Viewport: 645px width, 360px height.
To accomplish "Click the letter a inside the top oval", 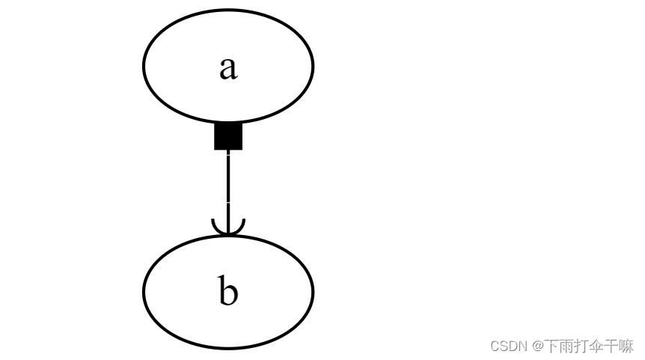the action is pyautogui.click(x=228, y=67).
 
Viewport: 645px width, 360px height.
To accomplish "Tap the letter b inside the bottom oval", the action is pyautogui.click(x=228, y=291).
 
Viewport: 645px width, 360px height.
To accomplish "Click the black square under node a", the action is pyautogui.click(x=228, y=136).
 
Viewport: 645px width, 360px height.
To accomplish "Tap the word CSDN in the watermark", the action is pyautogui.click(x=509, y=346).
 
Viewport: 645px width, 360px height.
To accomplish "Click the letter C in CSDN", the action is pyautogui.click(x=495, y=346).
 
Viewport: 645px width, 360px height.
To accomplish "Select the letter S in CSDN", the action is pyautogui.click(x=504, y=346).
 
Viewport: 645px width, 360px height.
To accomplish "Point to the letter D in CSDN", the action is pyautogui.click(x=513, y=346).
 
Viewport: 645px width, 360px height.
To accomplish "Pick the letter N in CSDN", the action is pyautogui.click(x=522, y=346).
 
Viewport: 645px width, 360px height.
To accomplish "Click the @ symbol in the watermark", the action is pyautogui.click(x=537, y=346).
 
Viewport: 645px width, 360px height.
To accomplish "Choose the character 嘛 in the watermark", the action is pyautogui.click(x=626, y=346).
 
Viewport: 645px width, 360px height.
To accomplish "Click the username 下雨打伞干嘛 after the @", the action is pyautogui.click(x=588, y=346).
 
